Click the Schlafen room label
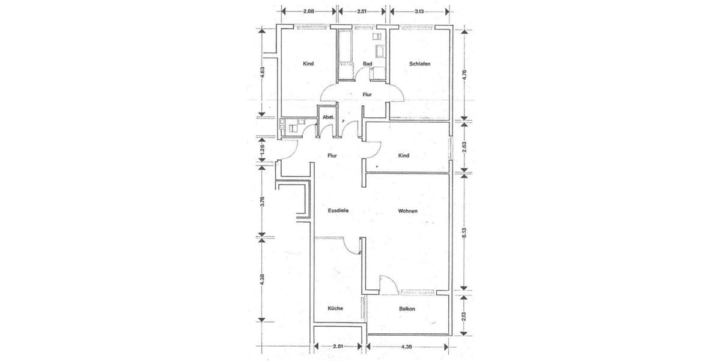tap(420, 64)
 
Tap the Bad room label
tap(368, 64)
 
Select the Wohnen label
tap(407, 211)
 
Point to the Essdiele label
tap(338, 211)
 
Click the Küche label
tap(335, 309)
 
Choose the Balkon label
tap(407, 309)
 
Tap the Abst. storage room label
tap(328, 117)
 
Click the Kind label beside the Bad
tap(308, 64)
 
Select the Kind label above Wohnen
tap(404, 156)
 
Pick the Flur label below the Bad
tap(367, 94)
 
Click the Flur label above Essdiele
tap(332, 156)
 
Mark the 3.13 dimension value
tap(419, 11)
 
